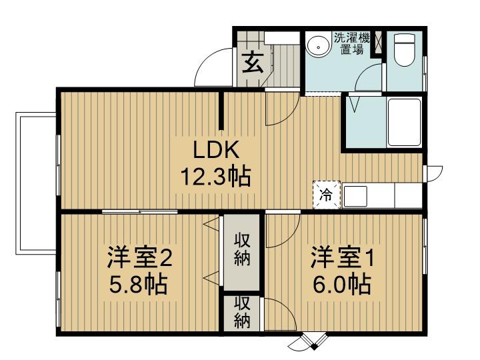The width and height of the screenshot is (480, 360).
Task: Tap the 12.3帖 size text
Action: (215, 177)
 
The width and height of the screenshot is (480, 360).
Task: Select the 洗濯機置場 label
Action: (351, 43)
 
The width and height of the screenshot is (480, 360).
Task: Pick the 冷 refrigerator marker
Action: (327, 195)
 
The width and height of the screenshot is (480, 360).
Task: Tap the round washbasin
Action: (318, 46)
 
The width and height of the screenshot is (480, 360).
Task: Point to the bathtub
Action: (403, 122)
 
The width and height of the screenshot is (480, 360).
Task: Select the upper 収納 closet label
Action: (242, 249)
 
